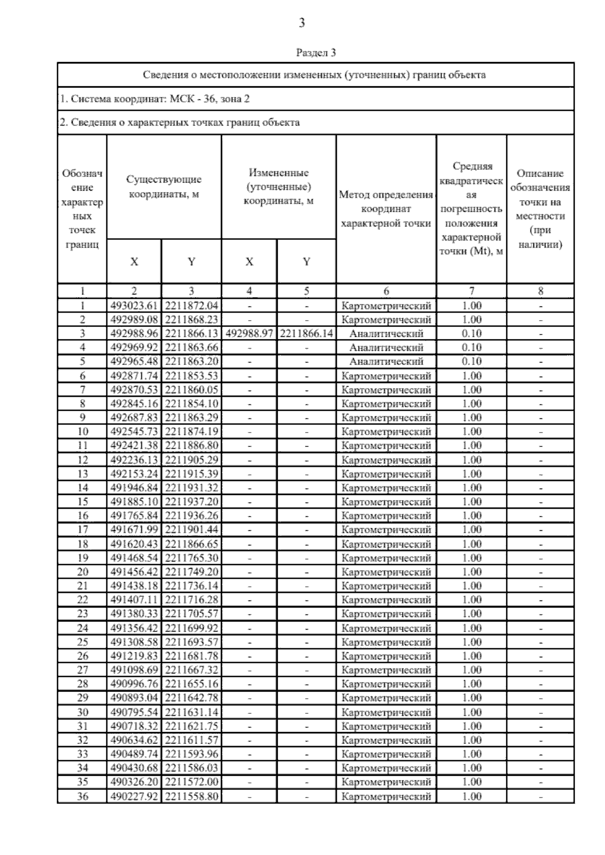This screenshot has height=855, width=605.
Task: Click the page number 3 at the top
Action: (x=301, y=23)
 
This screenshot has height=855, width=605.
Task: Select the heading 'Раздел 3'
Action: (x=316, y=52)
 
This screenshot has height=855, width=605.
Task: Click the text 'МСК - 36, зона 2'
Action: (x=209, y=99)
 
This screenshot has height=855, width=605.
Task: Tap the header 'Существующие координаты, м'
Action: (x=164, y=187)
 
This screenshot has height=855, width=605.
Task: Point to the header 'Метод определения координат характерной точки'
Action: (x=386, y=209)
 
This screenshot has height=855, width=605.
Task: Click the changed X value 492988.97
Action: (x=249, y=333)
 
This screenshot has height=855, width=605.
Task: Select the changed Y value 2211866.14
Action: (x=306, y=333)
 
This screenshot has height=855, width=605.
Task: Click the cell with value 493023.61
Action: (x=134, y=306)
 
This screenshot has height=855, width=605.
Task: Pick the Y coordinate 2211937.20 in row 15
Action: (x=191, y=502)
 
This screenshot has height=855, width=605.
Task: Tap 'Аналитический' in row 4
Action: (x=386, y=347)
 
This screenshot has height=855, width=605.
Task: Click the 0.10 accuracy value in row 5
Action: (x=471, y=361)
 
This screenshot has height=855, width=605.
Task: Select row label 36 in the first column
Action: (x=82, y=797)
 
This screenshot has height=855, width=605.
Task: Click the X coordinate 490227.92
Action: (x=134, y=797)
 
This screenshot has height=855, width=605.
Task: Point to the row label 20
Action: (x=82, y=572)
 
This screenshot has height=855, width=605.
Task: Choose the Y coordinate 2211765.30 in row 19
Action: (x=191, y=558)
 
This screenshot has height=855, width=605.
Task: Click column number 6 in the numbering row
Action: (x=386, y=291)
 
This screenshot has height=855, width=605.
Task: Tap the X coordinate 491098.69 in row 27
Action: (x=134, y=670)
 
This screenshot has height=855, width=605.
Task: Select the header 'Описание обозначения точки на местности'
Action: (x=540, y=209)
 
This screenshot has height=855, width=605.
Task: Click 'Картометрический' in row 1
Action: (x=386, y=306)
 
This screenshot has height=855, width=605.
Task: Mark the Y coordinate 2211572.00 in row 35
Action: (x=191, y=782)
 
